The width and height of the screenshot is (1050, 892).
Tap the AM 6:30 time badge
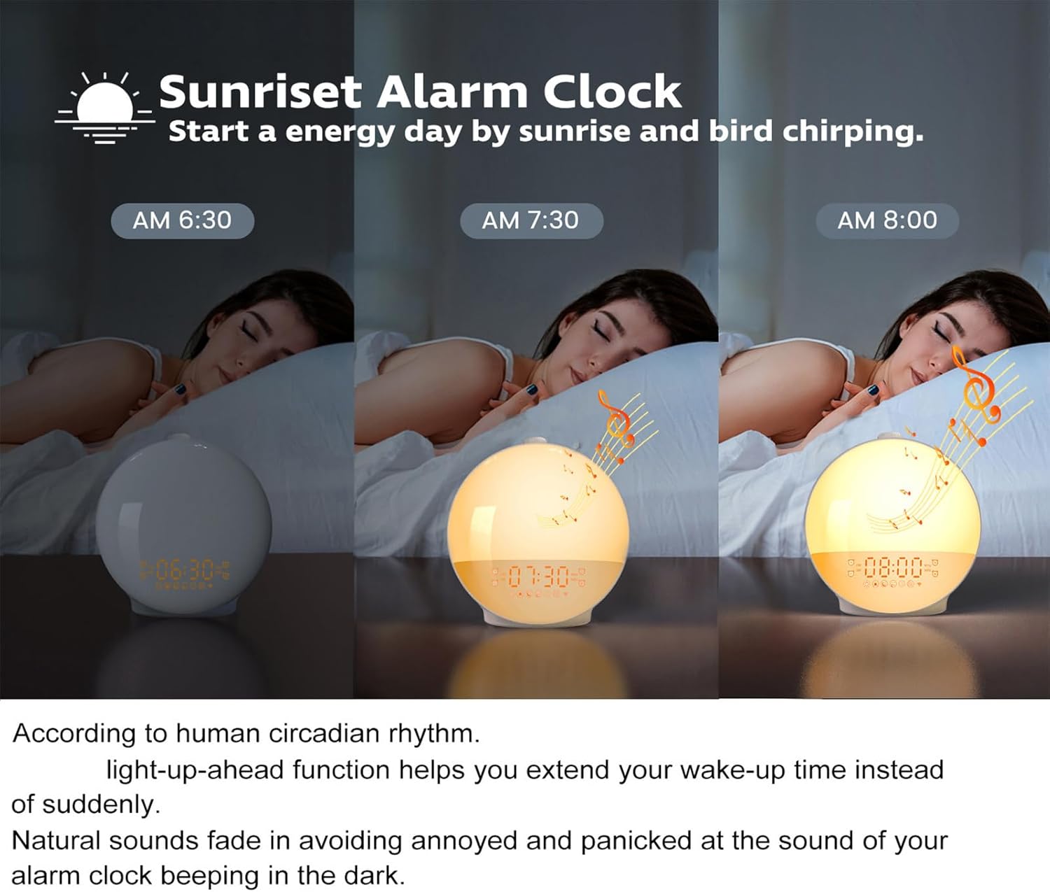pyautogui.click(x=182, y=220)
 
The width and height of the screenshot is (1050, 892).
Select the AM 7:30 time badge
pyautogui.click(x=531, y=220)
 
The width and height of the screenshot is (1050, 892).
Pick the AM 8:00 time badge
pyautogui.click(x=887, y=220)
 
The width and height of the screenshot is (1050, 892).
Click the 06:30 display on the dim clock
pyautogui.click(x=185, y=571)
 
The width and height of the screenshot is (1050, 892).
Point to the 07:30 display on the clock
pyautogui.click(x=539, y=576)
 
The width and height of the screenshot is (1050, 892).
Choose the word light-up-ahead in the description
pyautogui.click(x=194, y=770)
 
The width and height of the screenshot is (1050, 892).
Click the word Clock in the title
pyautogui.click(x=612, y=92)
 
